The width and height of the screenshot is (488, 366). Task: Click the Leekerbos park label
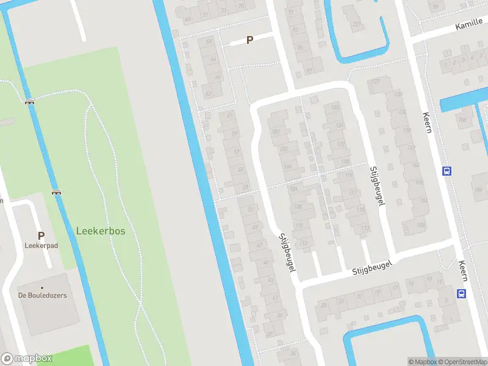point(101,231)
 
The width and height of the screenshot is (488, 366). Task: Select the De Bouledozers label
point(42,295)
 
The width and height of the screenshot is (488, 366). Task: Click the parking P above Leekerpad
point(41,235)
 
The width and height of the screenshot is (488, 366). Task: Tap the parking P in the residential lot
point(249,40)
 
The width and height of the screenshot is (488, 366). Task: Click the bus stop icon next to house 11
point(461,294)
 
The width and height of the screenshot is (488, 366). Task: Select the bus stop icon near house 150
point(447,171)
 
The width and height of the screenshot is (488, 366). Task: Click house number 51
point(251,210)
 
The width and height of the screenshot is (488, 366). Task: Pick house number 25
point(323,304)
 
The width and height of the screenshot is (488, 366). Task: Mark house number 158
point(420,225)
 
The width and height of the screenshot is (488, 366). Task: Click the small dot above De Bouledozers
point(42,287)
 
